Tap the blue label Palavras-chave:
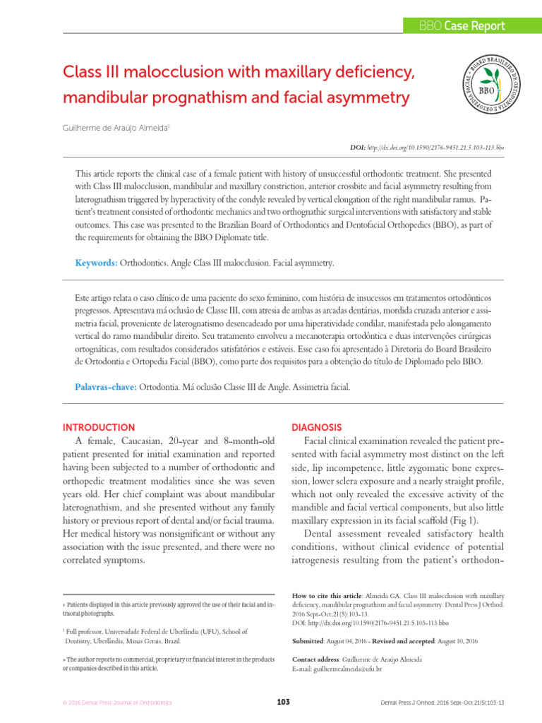click(105, 388)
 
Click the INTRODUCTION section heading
click(99, 428)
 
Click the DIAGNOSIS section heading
click(317, 428)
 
